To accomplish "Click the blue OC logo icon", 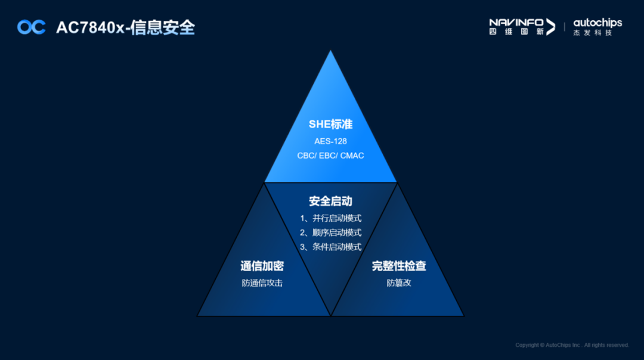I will [31, 27].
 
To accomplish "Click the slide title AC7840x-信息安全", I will [125, 27].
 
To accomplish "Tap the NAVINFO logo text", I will [516, 22].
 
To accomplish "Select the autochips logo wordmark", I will [597, 23].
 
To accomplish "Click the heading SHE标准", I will [330, 124].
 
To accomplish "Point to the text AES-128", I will [330, 141].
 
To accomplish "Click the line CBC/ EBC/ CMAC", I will [330, 156].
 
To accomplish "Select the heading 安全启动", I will [330, 201].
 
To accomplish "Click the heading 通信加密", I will [262, 266].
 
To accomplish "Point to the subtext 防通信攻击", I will [262, 283].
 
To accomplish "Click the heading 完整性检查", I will [399, 266].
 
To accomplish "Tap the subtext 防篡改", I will [399, 283].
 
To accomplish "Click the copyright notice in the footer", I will [572, 345].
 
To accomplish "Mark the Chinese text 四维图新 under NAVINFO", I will [516, 32].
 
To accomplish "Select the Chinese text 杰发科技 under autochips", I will [593, 33].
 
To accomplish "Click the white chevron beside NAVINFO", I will [550, 27].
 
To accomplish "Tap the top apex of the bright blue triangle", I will [330, 52].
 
